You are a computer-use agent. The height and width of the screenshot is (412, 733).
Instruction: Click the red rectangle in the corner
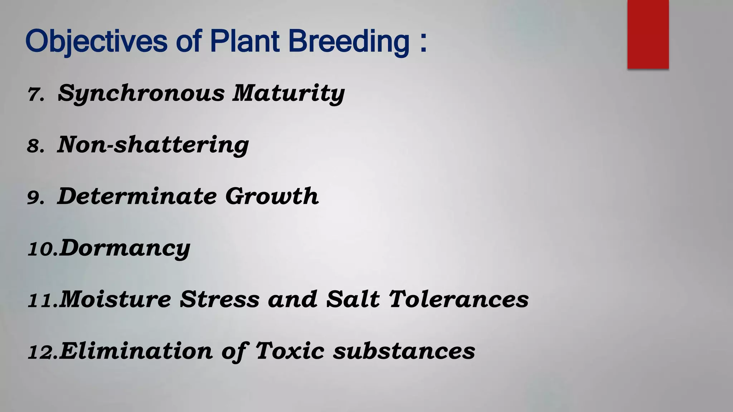[648, 34]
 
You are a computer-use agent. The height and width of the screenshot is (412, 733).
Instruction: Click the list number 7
[36, 94]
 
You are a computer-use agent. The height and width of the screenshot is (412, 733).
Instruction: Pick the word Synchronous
[141, 93]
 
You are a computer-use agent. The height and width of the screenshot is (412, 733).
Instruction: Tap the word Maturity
[288, 93]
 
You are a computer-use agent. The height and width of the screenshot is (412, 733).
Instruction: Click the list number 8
[36, 146]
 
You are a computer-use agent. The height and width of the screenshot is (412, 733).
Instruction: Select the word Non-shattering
[153, 145]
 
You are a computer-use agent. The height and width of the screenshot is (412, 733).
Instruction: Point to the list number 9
[36, 198]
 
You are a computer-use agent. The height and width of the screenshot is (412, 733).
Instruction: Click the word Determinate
[137, 196]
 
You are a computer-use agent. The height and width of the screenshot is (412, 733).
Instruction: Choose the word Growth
[272, 196]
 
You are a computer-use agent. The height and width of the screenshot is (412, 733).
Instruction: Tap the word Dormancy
[125, 248]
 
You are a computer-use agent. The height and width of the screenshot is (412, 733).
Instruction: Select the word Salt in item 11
[353, 299]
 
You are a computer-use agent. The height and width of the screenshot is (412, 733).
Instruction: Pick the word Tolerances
[458, 299]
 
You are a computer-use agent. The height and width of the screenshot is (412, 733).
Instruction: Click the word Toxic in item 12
[290, 351]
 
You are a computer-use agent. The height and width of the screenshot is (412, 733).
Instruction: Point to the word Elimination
[136, 351]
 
